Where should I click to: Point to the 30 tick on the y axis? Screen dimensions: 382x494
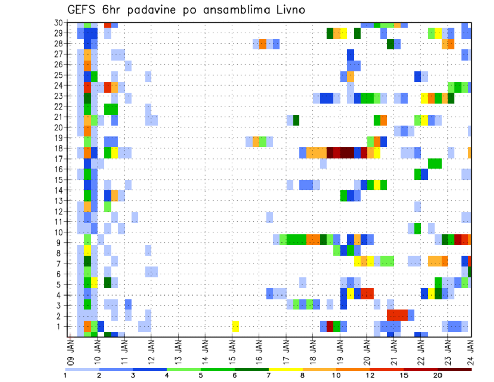pos(59,23)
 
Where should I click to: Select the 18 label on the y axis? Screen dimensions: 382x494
pos(59,148)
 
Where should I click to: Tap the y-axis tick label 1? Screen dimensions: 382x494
pos(61,326)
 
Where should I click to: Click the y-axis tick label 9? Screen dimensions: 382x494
pos(61,242)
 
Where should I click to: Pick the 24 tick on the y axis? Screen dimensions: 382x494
pos(59,85)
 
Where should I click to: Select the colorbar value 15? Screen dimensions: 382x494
pos(404,375)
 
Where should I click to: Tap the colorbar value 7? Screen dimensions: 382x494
pos(269,375)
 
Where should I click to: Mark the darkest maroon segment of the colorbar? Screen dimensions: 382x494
pos(455,369)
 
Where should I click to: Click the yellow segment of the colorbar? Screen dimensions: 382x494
pos(286,369)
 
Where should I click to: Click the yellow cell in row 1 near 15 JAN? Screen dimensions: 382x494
pos(235,326)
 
